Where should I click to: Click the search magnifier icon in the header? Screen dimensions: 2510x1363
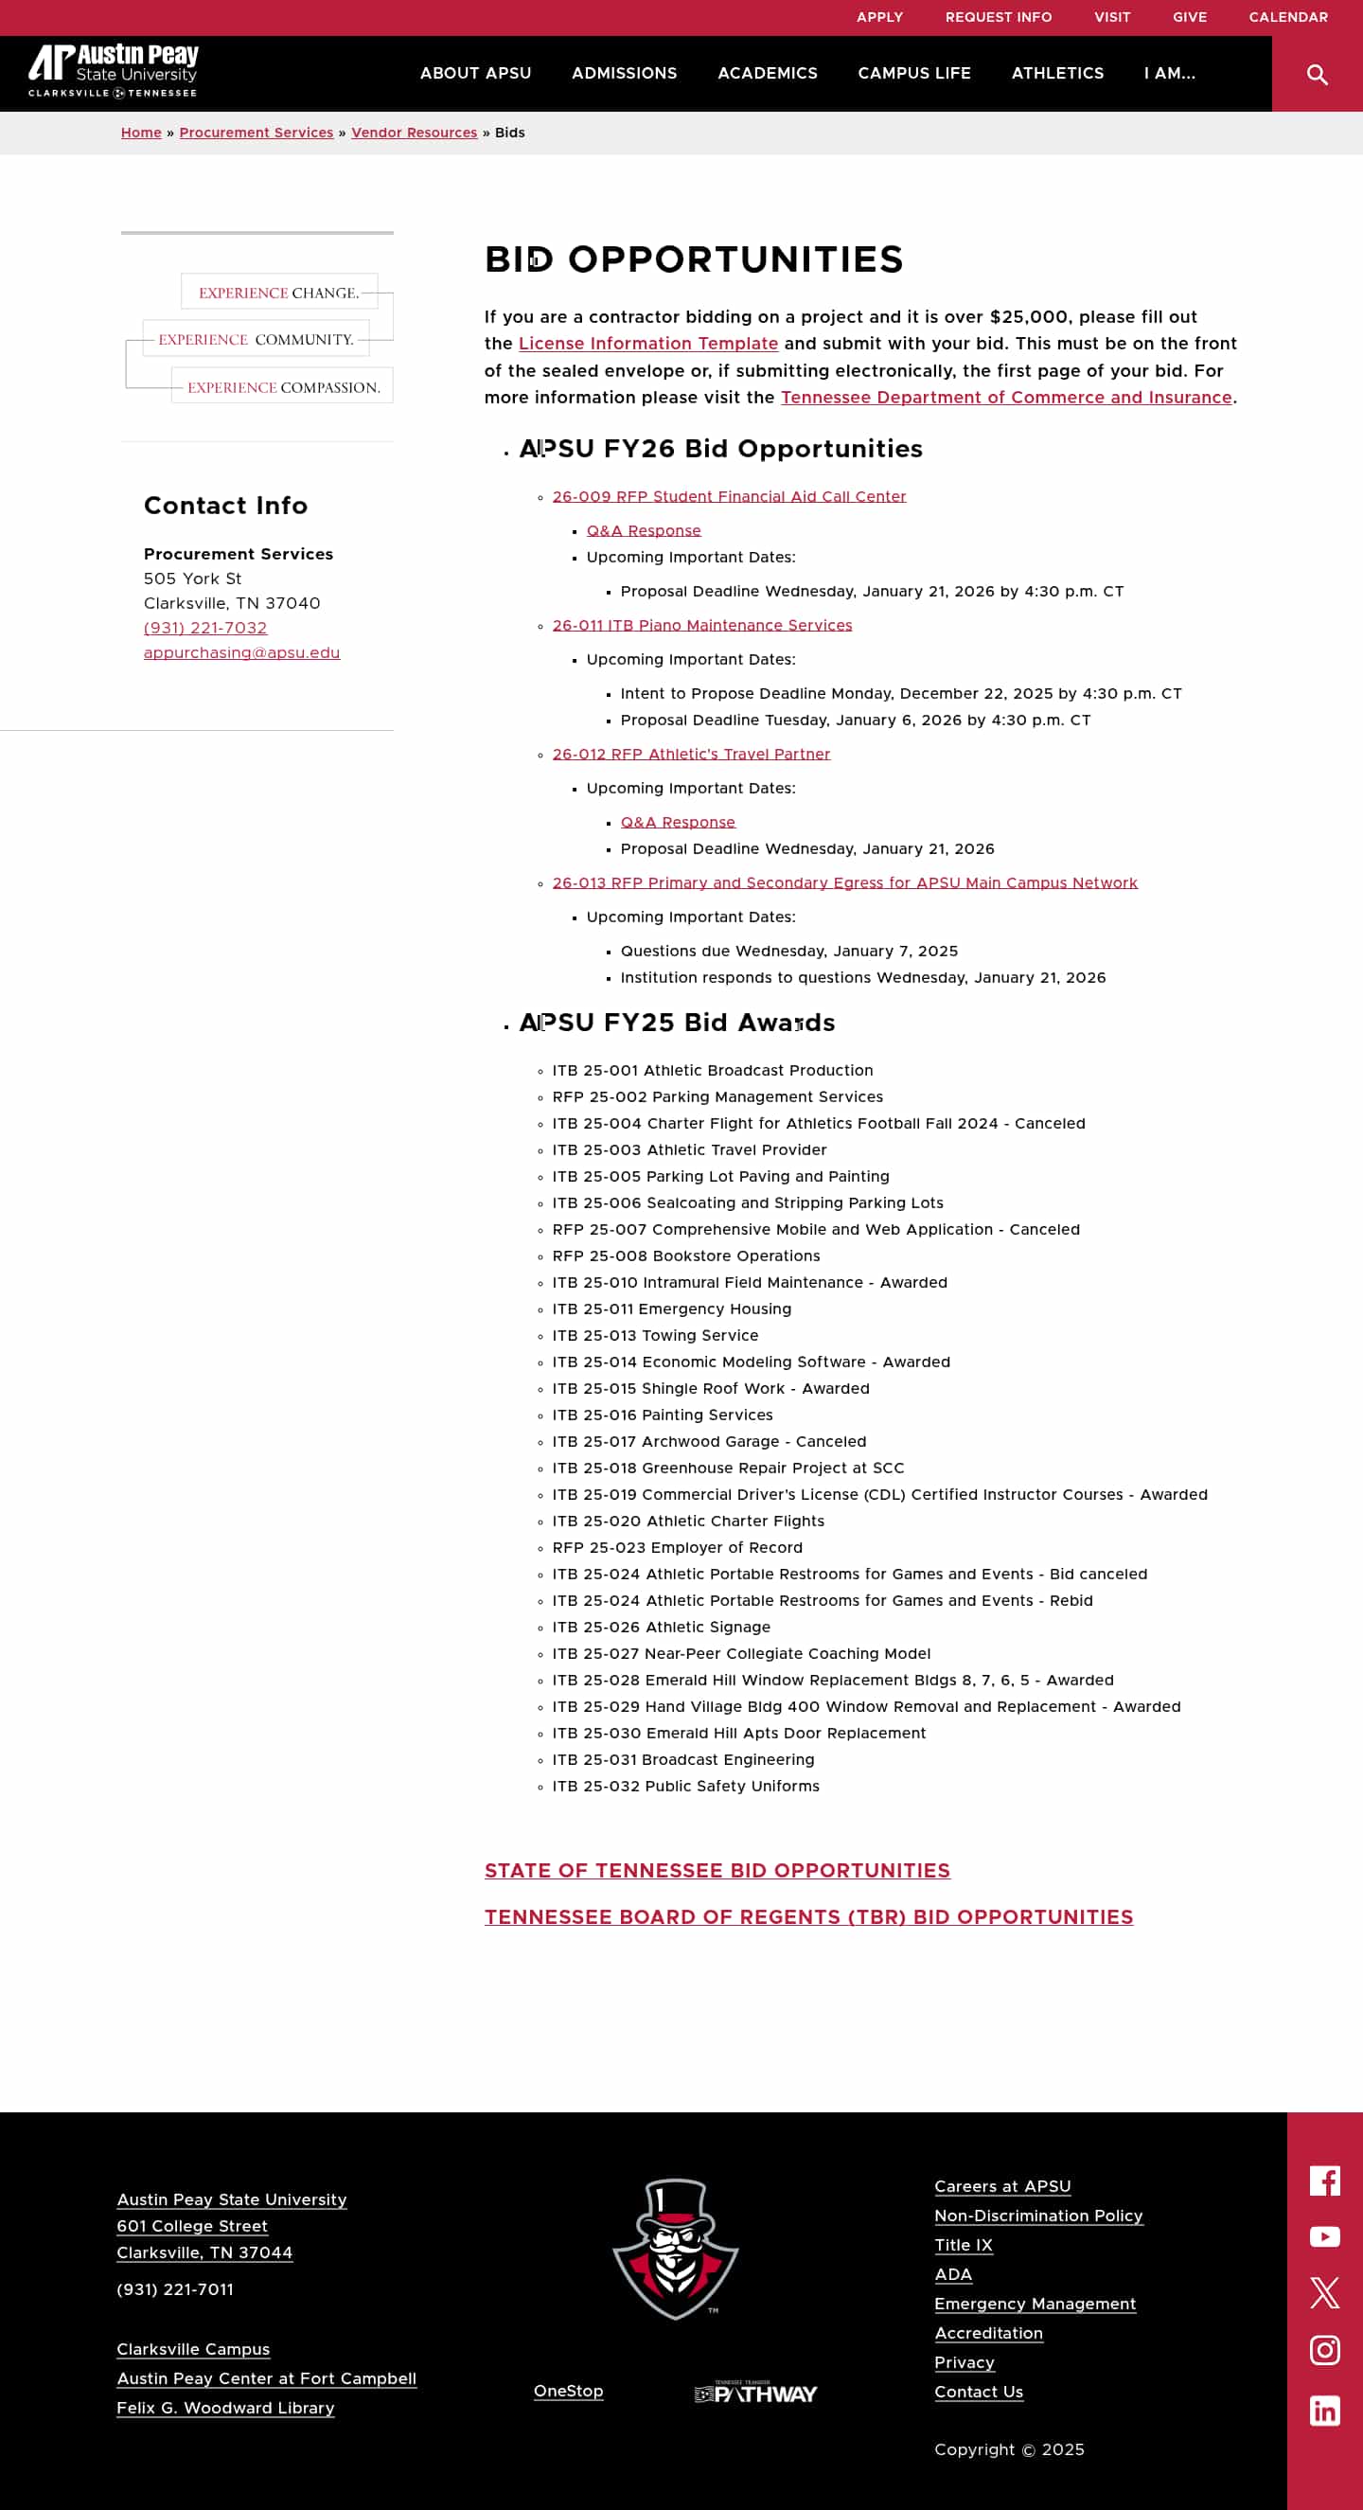1317,74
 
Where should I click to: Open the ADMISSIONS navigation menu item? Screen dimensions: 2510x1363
624,73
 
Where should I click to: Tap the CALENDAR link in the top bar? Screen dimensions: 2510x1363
1287,18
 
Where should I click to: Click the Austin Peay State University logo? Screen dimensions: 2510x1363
113,70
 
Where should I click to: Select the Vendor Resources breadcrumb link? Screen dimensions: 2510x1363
414,133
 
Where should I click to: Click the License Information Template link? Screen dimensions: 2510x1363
647,343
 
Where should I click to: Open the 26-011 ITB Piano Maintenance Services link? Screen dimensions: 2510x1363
701,626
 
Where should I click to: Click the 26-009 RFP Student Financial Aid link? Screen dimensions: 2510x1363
729,497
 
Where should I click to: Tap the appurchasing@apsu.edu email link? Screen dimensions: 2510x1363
241,653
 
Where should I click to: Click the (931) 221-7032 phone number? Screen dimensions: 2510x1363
204,629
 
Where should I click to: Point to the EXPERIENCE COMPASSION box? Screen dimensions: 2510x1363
282,387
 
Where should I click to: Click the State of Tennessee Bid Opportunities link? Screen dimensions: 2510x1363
717,1871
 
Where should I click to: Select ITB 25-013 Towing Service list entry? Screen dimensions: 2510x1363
655,1336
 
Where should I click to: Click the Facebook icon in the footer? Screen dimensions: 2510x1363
1324,2181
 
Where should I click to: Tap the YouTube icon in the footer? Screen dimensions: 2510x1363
1324,2237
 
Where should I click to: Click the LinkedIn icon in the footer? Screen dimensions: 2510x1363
1324,2411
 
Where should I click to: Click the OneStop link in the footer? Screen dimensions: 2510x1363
568,2391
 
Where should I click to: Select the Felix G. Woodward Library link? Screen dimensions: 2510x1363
225,2408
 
